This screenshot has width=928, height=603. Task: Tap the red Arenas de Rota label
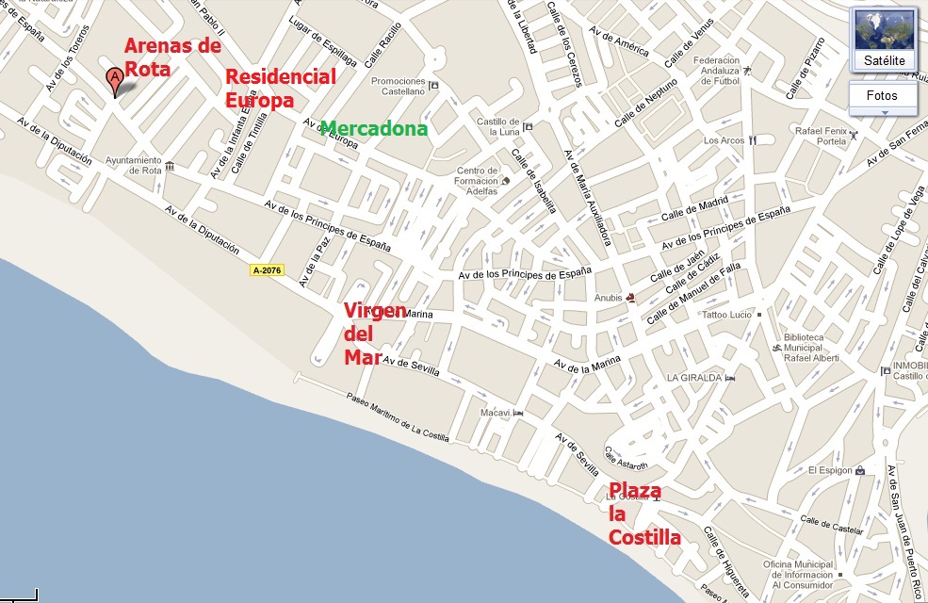click(x=173, y=56)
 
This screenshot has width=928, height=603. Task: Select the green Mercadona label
click(x=374, y=129)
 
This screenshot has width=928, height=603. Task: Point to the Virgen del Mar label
click(x=374, y=334)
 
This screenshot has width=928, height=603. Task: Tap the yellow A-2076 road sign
click(x=267, y=270)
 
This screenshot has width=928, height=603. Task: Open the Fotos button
click(x=882, y=96)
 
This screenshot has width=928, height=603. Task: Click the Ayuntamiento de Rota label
click(x=133, y=166)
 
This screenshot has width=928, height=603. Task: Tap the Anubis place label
click(x=609, y=299)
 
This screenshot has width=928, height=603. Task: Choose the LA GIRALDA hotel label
click(x=694, y=378)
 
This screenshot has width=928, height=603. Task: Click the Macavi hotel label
click(x=495, y=413)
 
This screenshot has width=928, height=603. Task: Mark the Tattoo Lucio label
click(x=728, y=314)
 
